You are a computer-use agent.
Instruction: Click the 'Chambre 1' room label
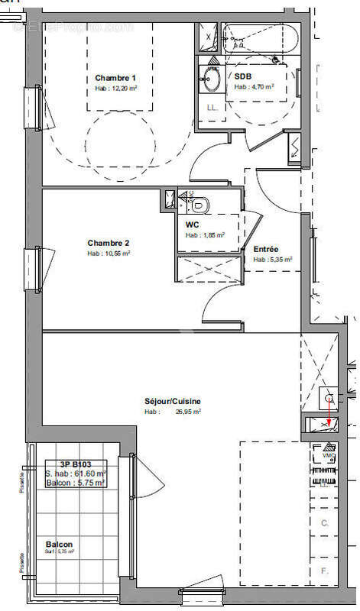point(115,78)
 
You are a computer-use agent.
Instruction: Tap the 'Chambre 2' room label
point(108,243)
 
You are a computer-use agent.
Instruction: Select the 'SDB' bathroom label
point(242,76)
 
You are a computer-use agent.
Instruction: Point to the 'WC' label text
point(192,225)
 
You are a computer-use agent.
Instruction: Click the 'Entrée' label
point(266,249)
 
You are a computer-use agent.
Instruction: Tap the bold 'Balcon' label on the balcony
point(59,544)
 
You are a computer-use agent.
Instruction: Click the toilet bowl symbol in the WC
point(200,204)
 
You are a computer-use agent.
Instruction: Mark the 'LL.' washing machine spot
point(212,107)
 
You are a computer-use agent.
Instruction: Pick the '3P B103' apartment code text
point(74,464)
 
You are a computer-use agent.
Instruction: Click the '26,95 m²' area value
point(186,412)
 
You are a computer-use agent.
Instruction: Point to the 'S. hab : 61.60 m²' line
point(75,474)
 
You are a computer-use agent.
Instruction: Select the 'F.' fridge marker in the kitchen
point(324,570)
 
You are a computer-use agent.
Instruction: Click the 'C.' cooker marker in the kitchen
point(324,523)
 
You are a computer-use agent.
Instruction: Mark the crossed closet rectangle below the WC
point(209,271)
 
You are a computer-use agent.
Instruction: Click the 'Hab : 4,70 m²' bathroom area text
point(254,87)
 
